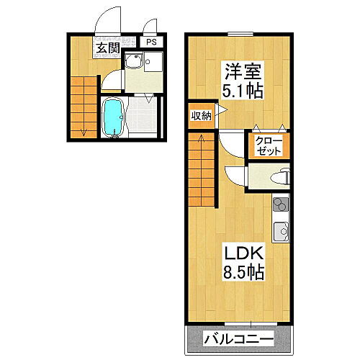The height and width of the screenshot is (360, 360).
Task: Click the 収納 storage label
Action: click(x=200, y=115)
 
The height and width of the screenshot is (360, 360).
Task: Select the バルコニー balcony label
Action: click(x=238, y=338)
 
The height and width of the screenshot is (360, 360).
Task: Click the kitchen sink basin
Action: click(x=279, y=232)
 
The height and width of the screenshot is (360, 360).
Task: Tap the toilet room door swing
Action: click(x=235, y=175)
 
